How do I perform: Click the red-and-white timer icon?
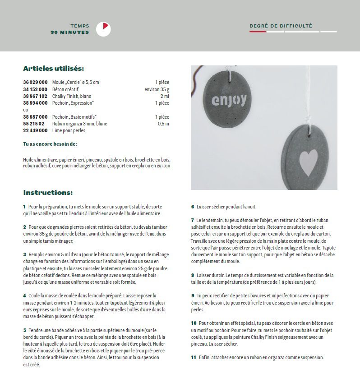[x=103, y=29]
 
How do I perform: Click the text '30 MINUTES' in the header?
[x=70, y=32]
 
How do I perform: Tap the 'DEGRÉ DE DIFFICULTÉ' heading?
[x=281, y=26]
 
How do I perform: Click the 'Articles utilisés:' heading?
[x=53, y=69]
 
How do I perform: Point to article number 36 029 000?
[x=35, y=82]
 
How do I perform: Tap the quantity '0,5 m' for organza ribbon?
[x=163, y=124]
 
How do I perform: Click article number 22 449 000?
[x=35, y=130]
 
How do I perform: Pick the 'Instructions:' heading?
[x=48, y=192]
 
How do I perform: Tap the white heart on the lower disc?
[x=309, y=162]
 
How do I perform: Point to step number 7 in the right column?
[x=192, y=220]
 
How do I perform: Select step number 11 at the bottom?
[x=194, y=357]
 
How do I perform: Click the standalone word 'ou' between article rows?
[x=26, y=110]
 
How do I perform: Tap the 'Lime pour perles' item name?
[x=69, y=130]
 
